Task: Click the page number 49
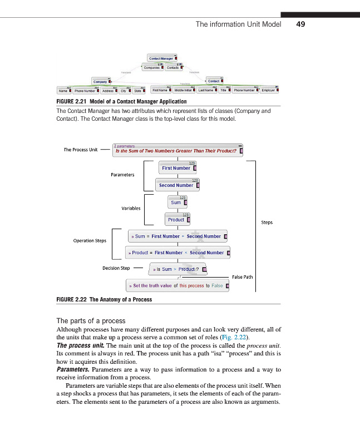click(301, 24)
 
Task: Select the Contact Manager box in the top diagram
click(162, 58)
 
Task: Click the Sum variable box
click(177, 202)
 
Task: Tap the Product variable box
click(177, 219)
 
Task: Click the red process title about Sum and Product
click(177, 150)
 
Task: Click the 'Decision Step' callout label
click(116, 268)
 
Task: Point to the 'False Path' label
click(242, 276)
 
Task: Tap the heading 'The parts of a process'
click(91, 321)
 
